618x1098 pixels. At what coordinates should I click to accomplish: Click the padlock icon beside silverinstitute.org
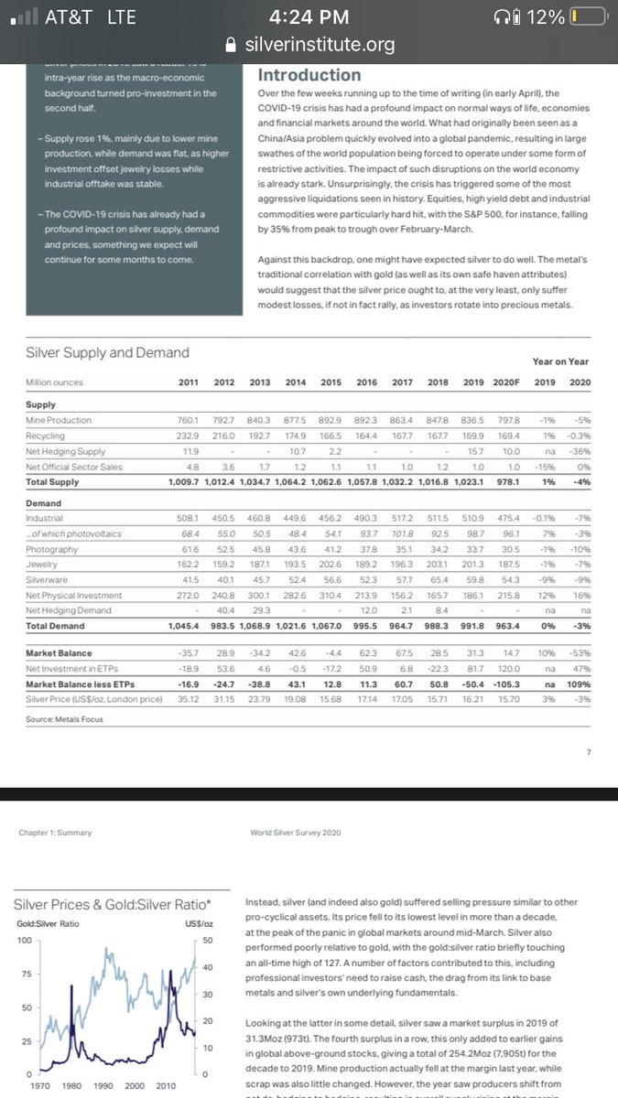pos(217,44)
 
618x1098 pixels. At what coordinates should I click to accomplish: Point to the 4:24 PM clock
pos(310,16)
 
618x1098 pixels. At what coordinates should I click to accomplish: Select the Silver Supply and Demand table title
pos(107,352)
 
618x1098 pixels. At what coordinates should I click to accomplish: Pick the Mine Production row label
pos(59,419)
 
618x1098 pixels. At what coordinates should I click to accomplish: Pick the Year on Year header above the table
pos(560,362)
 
